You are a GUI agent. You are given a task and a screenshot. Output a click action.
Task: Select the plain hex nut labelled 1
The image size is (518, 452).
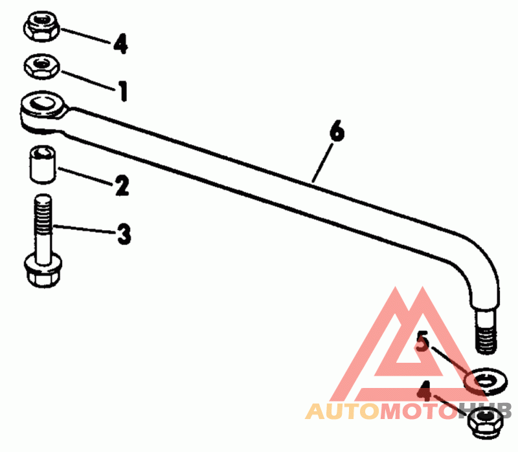pyautogui.click(x=42, y=65)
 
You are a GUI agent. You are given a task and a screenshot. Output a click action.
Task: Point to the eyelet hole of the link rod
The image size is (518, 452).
pyautogui.click(x=43, y=102)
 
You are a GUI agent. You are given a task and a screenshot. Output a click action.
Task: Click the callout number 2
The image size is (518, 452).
pyautogui.click(x=122, y=186)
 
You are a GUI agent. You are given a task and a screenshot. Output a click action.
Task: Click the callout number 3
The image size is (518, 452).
pyautogui.click(x=123, y=233)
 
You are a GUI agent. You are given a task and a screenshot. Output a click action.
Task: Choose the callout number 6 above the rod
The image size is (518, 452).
pyautogui.click(x=337, y=132)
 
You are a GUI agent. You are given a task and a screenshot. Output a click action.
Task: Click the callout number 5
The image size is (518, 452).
pyautogui.click(x=422, y=341)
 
